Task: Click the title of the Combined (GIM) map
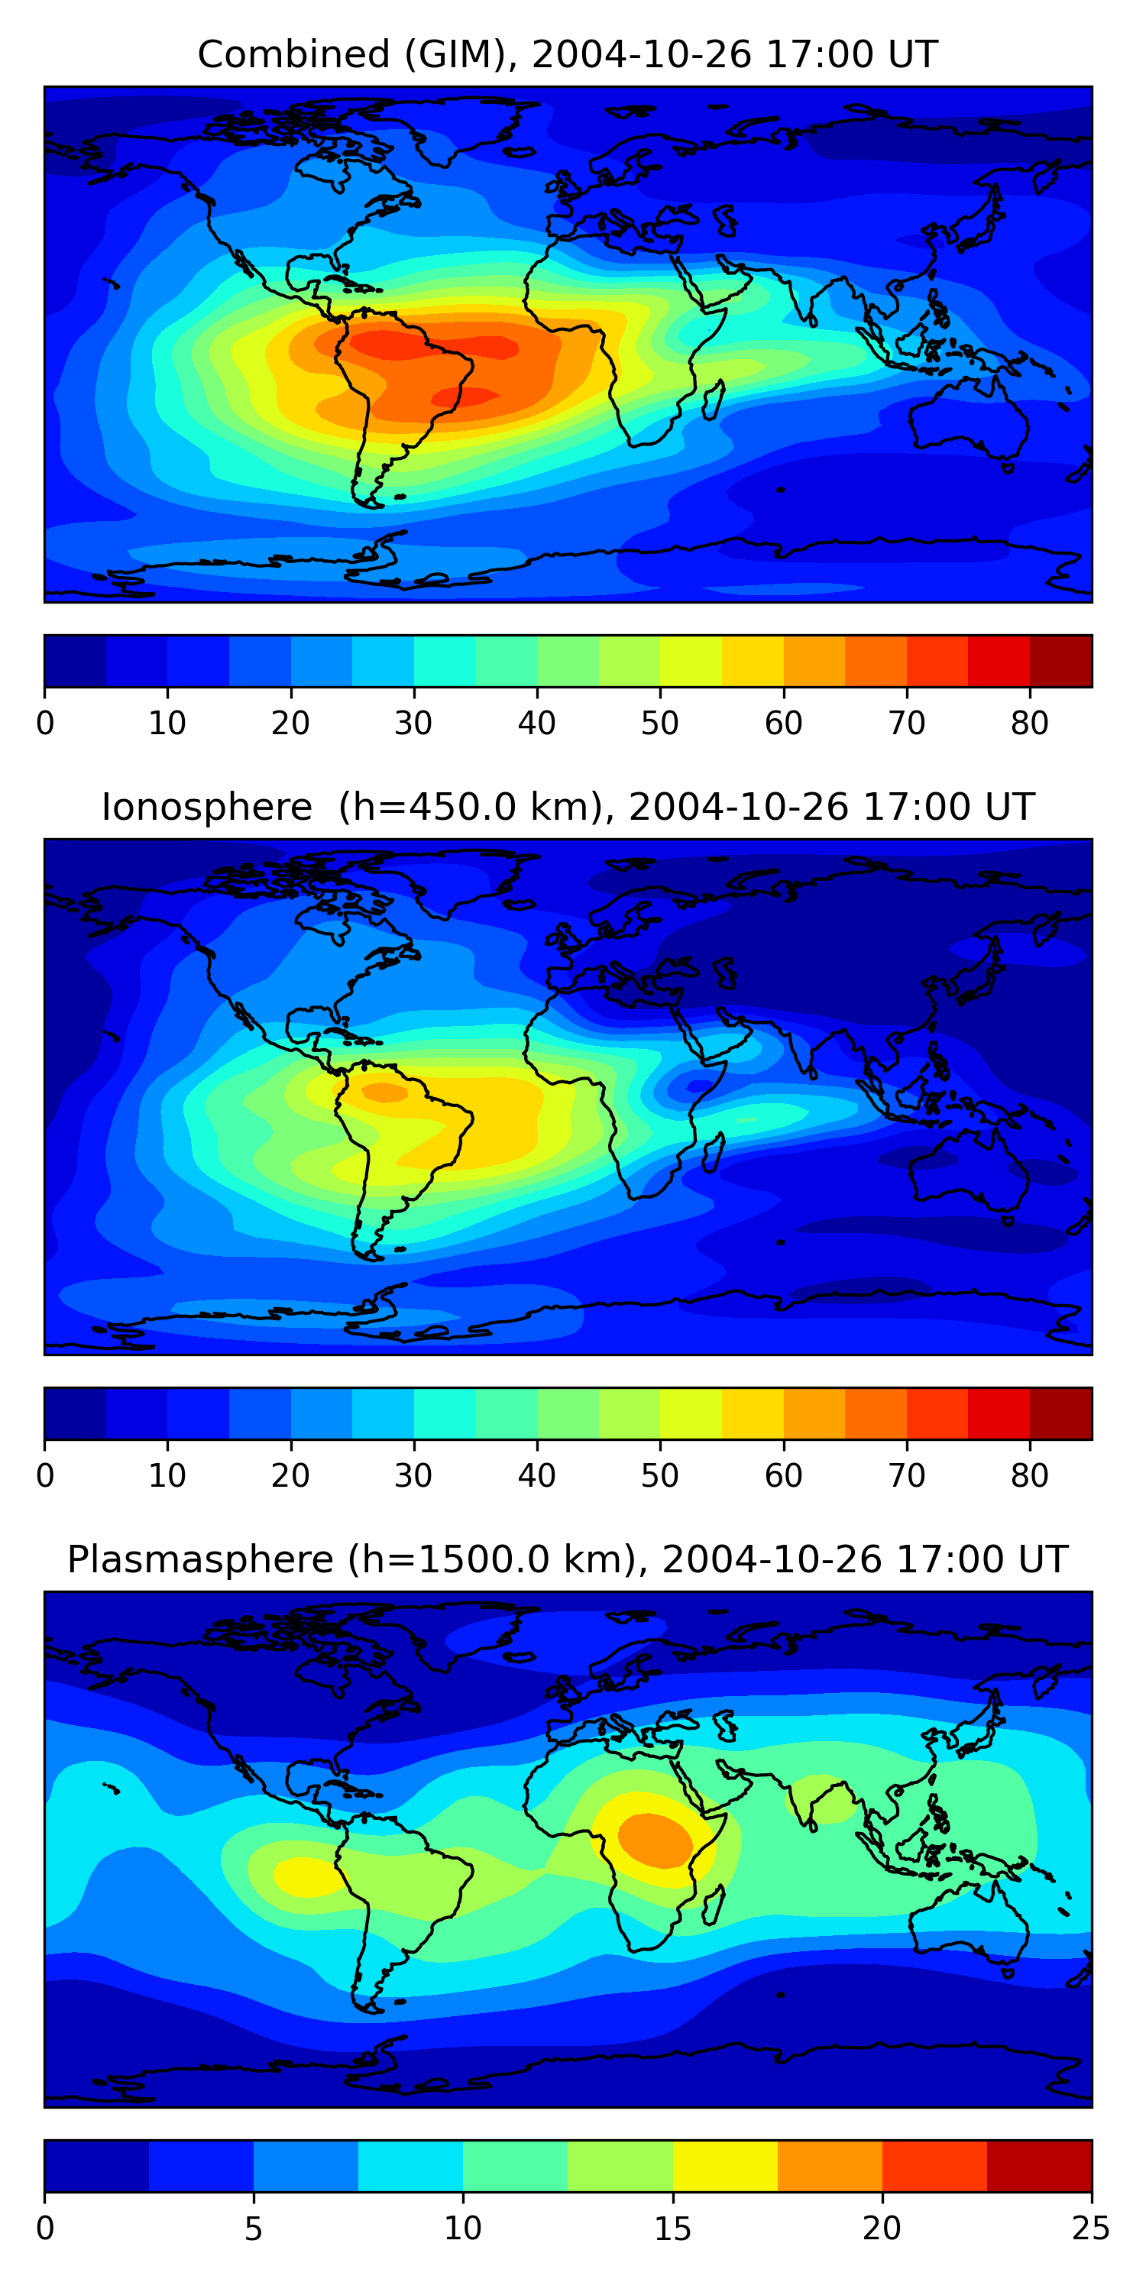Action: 567,54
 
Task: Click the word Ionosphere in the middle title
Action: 206,807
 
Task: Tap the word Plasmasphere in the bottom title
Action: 200,1560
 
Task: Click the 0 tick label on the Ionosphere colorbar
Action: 45,1475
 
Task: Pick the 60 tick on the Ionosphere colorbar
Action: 783,1475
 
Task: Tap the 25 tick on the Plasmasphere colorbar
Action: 1091,2228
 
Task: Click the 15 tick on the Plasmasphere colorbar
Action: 672,2228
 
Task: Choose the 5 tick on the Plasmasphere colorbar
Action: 254,2228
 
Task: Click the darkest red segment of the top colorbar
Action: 1060,661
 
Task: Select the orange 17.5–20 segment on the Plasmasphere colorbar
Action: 830,2166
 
